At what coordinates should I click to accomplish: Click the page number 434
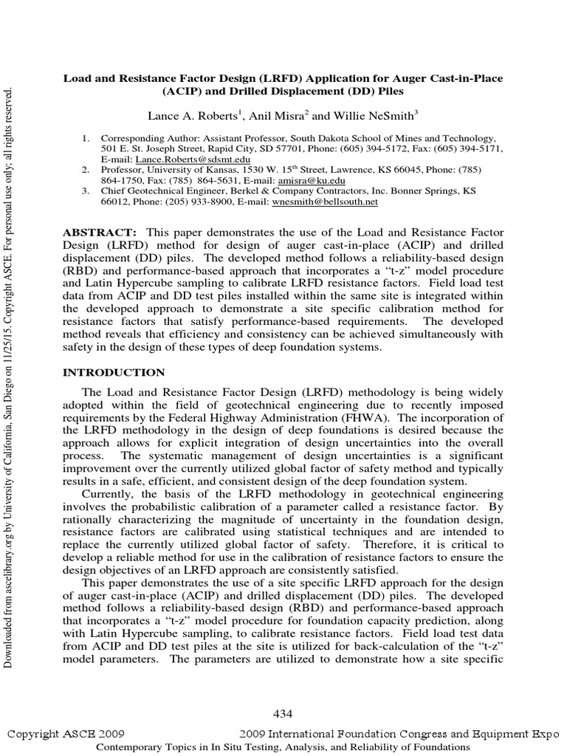pos(283,713)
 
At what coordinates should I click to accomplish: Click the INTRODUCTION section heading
pos(114,372)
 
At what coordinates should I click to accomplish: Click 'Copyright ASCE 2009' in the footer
pos(66,735)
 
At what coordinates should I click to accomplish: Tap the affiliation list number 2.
pos(85,170)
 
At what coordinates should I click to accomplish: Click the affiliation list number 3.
pos(85,190)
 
